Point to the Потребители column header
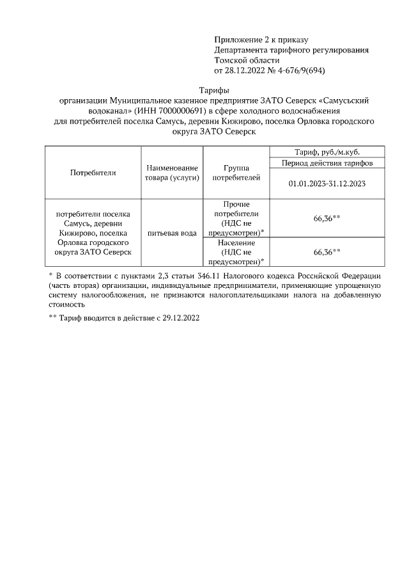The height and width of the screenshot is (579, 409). pyautogui.click(x=93, y=173)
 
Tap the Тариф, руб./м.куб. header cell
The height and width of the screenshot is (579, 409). pyautogui.click(x=326, y=152)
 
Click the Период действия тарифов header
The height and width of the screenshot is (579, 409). pyautogui.click(x=326, y=163)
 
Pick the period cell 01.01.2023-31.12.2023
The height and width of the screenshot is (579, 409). pyautogui.click(x=326, y=183)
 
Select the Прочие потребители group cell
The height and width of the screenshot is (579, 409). pyautogui.click(x=236, y=218)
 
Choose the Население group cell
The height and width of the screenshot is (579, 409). pyautogui.click(x=236, y=252)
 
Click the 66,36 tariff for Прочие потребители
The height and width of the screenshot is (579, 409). pyautogui.click(x=326, y=219)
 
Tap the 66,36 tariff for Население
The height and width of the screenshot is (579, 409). pyautogui.click(x=326, y=252)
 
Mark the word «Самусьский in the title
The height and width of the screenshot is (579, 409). pyautogui.click(x=343, y=101)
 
